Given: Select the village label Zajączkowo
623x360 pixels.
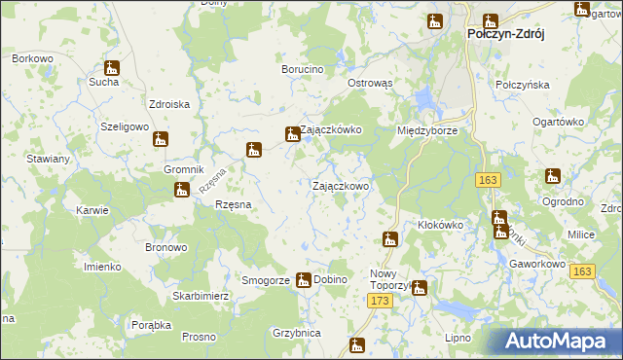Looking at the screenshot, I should click(340, 186).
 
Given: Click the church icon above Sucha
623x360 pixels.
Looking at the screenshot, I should click(112, 68).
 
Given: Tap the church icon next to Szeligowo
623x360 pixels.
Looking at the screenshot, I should click(161, 139).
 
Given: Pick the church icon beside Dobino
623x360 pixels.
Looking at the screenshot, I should click(303, 279).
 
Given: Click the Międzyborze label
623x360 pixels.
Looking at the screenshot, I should click(427, 130).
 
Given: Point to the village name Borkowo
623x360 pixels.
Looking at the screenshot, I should click(32, 59).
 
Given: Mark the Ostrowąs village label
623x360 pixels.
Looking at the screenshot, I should click(370, 84).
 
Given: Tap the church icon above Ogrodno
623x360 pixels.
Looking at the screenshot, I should click(553, 176).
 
